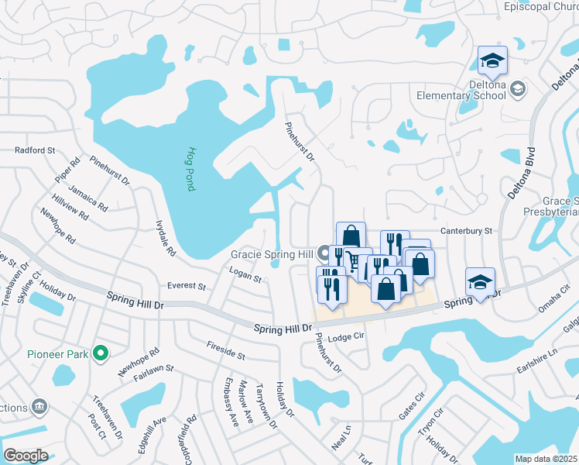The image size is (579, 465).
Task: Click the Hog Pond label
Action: point(191,169)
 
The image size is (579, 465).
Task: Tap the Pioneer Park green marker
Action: point(100,354)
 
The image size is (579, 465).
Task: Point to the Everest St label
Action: point(187,286)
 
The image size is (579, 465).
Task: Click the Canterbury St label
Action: point(467,231)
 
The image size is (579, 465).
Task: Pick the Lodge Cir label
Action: point(345,338)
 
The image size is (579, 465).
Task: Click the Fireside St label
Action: point(225,351)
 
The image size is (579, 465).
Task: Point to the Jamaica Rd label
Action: point(87,197)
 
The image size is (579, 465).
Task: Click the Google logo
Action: point(26,456)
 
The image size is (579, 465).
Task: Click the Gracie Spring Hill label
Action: point(271,254)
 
